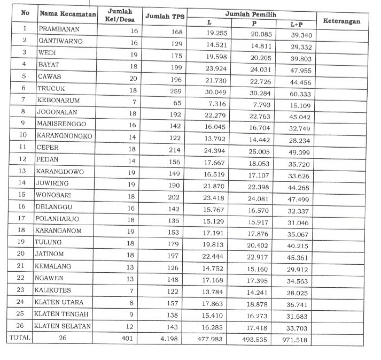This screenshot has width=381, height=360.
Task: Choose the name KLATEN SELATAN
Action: point(63,325)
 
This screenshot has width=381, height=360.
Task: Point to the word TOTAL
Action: point(19,338)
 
